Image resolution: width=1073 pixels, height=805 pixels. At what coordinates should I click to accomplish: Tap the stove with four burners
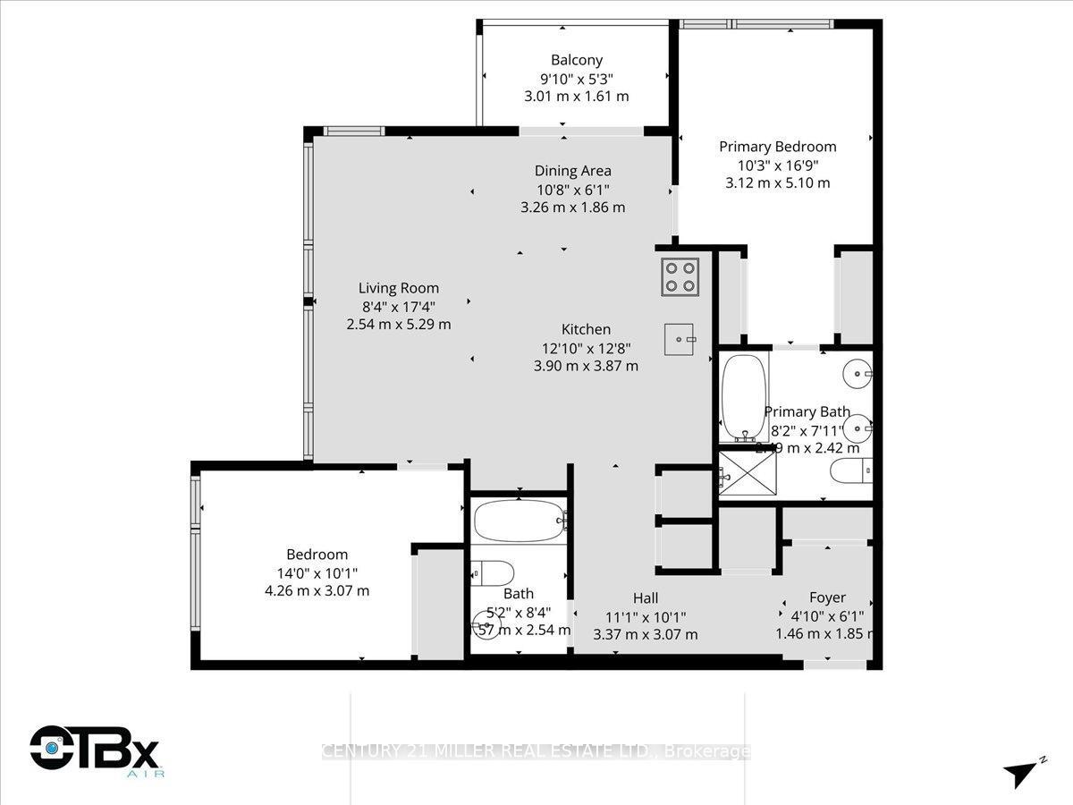click(680, 276)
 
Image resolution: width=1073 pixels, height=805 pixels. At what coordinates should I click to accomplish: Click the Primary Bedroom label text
click(778, 147)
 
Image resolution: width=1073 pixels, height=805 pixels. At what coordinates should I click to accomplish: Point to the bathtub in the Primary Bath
click(743, 399)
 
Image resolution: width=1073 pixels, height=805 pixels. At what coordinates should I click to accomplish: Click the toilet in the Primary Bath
click(849, 470)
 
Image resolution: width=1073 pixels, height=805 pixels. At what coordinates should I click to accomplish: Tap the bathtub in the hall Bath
click(519, 520)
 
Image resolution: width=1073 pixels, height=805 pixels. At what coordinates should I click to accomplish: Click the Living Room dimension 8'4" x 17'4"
click(398, 306)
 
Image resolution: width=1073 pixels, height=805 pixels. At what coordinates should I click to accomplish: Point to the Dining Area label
click(572, 171)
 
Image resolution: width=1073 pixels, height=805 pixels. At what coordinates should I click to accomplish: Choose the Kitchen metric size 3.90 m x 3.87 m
click(586, 365)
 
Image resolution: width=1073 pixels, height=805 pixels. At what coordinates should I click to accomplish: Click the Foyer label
click(827, 597)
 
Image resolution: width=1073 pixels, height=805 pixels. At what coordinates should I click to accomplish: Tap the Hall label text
click(646, 597)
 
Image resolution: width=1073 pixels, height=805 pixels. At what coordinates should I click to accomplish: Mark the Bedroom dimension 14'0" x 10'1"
click(317, 572)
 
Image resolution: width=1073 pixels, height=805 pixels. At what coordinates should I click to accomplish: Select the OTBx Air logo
click(94, 748)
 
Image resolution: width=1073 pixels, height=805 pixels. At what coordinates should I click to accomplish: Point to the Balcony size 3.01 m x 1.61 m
click(576, 96)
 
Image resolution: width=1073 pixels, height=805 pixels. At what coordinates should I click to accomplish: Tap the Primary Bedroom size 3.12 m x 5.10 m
click(778, 182)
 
